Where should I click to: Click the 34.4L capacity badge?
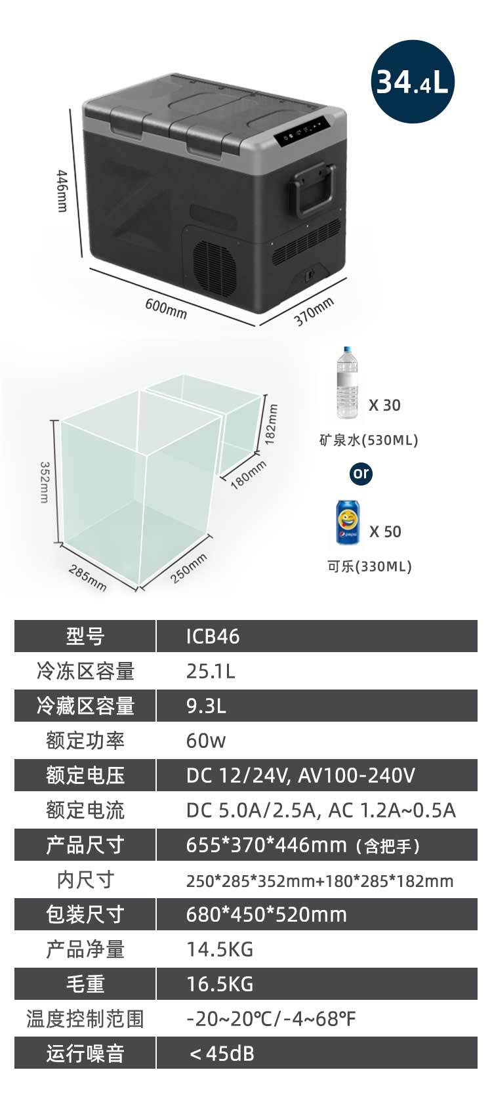[412, 81]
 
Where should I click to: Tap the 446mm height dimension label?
[62, 191]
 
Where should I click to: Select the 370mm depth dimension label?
[314, 311]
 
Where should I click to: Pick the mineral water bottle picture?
[348, 384]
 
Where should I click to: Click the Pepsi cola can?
[348, 522]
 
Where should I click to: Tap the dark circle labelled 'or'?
[361, 473]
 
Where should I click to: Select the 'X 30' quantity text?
[384, 405]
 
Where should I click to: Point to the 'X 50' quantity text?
[384, 531]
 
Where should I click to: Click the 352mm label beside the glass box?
[45, 482]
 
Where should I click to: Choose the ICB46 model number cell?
[213, 636]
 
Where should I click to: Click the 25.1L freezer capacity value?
[210, 671]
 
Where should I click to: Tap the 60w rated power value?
[205, 741]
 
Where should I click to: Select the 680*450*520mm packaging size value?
[266, 915]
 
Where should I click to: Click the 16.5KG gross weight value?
[219, 984]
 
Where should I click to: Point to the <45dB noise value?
[221, 1054]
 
